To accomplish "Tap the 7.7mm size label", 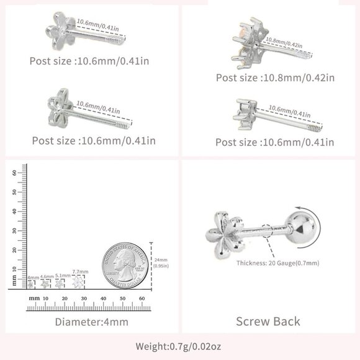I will point(80,272).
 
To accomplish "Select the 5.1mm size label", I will point(62,275).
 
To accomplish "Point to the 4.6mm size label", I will point(47,276).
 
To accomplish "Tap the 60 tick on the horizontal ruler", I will point(143,299).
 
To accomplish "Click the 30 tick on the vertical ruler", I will point(15,231).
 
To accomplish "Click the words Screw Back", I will point(268,321).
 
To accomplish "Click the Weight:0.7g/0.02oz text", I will point(180,346).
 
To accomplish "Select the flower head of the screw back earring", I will point(223,233).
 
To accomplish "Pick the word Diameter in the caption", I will point(76,322).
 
